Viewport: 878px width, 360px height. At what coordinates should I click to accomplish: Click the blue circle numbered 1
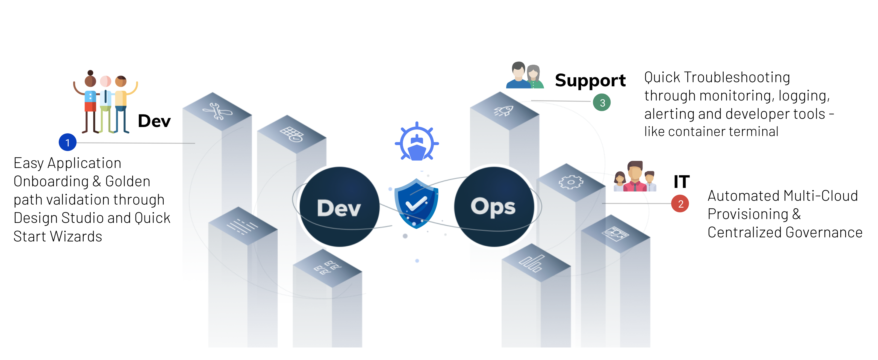coord(67,143)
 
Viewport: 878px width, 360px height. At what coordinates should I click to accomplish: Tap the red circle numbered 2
coord(680,203)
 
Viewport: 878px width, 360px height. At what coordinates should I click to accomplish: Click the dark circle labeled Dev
coord(339,207)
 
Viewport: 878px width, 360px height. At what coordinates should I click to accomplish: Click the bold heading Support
coord(590,81)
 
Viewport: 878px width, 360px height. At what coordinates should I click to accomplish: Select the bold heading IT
coord(681,181)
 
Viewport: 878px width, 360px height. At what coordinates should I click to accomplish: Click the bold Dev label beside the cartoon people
coord(154,121)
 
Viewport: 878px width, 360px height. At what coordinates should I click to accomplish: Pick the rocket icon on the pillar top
coord(504,111)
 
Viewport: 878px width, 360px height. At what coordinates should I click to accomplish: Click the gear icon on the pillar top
coord(571,182)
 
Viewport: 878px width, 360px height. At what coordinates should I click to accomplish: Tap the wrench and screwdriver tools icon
coord(217,111)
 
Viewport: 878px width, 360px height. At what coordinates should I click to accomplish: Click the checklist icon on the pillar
coord(327,268)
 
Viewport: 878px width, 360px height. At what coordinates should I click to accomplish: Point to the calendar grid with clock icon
coord(291,134)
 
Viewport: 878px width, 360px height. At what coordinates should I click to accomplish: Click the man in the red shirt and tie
coord(634,177)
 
